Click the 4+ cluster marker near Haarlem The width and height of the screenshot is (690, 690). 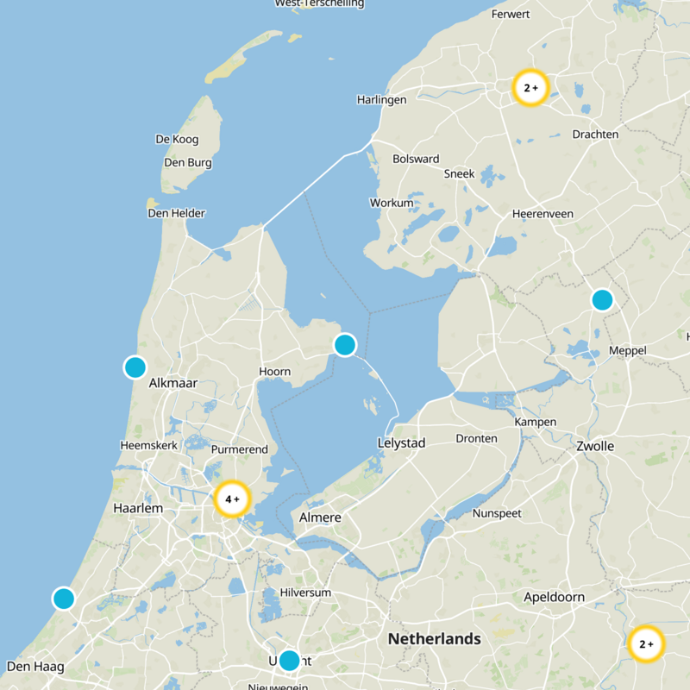231,499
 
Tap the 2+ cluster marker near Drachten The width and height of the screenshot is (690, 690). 530,87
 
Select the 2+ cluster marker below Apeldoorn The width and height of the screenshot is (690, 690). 646,643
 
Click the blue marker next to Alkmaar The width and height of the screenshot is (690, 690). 135,367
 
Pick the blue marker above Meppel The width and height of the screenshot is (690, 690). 602,300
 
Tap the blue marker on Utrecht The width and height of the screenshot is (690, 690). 289,661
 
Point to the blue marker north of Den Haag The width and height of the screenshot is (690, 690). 64,598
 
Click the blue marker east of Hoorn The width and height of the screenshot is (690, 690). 344,345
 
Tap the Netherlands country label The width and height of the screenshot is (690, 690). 434,639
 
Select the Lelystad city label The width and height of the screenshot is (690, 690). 402,442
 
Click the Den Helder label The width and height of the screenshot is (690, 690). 182,213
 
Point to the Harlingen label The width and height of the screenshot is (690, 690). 381,100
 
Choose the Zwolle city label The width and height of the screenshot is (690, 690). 595,446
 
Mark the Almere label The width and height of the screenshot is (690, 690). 320,517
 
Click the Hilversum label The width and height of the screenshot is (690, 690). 306,593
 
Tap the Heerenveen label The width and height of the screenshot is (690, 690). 543,213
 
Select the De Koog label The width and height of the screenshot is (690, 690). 177,139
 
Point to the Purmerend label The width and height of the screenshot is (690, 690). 240,449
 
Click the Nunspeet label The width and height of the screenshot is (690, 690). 498,513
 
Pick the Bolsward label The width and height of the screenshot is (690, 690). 416,159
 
